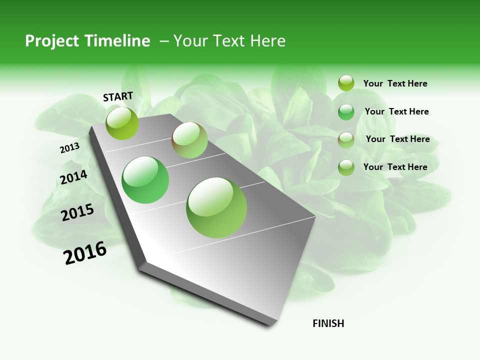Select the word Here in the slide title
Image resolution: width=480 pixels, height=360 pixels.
(267, 41)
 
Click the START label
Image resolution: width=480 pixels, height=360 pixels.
(118, 96)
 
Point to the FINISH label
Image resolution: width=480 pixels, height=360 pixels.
(328, 323)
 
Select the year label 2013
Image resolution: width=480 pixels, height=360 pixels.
(69, 148)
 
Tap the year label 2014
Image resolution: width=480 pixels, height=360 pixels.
(73, 177)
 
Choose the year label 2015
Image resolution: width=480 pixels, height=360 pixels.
(77, 212)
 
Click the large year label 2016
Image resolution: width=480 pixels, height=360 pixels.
(85, 253)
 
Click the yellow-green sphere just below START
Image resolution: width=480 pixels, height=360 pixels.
(122, 123)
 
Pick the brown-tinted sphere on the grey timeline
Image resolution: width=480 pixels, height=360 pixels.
(189, 139)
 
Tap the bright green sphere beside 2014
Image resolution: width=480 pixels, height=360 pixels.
(145, 180)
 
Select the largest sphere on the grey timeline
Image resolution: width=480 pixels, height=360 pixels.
(216, 207)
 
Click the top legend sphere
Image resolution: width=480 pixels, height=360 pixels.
(346, 83)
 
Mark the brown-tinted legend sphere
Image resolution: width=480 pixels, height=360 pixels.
(346, 139)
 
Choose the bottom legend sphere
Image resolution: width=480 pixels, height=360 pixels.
(346, 167)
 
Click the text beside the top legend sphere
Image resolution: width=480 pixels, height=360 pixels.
(395, 84)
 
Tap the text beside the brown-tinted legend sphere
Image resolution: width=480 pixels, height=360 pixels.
(397, 139)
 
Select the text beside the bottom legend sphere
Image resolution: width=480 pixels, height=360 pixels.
(395, 167)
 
